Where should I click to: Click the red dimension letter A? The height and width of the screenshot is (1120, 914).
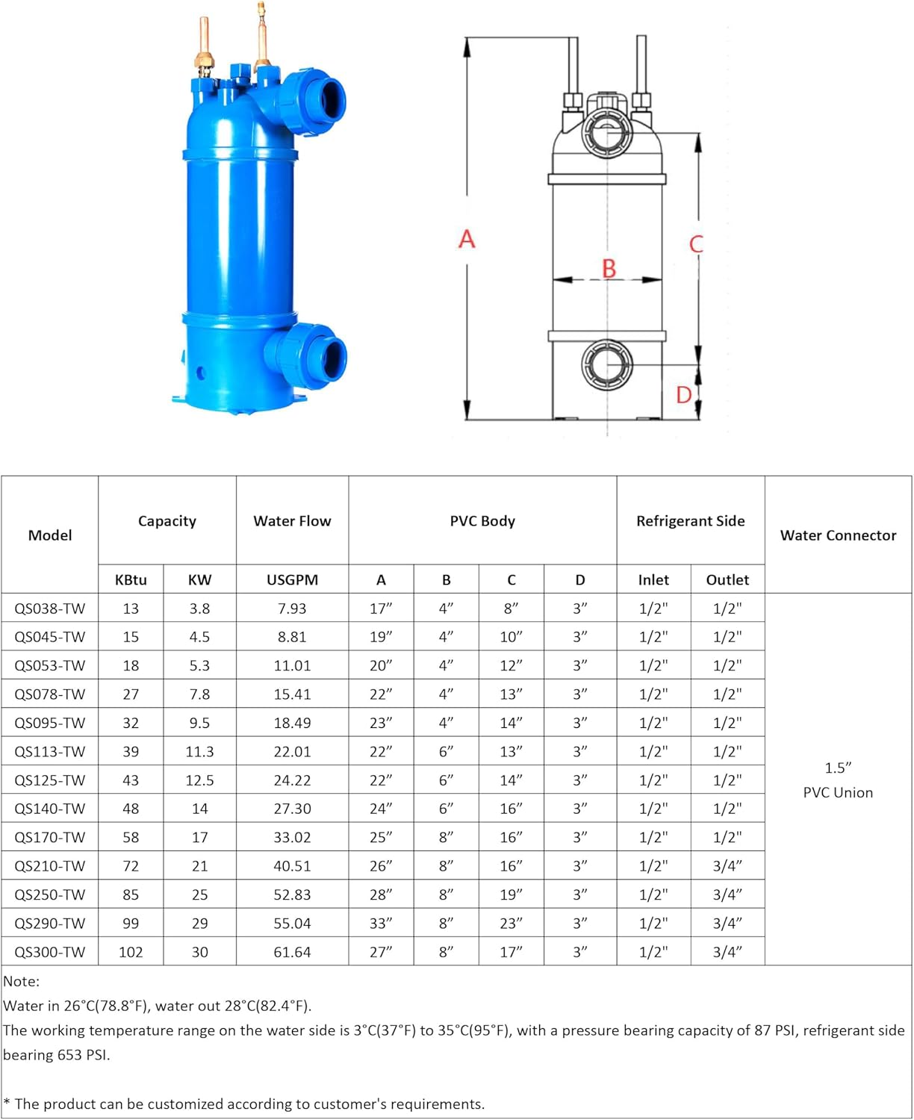(467, 239)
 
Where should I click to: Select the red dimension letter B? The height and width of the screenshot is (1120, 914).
(609, 268)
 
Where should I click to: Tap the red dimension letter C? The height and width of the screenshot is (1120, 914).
(696, 244)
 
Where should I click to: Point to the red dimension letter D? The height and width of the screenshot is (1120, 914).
(683, 394)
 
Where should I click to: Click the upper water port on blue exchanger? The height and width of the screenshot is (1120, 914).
(326, 97)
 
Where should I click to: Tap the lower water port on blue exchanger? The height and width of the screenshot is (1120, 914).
(326, 357)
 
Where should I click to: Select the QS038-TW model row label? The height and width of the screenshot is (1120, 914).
(50, 609)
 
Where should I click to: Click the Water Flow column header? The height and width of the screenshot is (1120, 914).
(292, 521)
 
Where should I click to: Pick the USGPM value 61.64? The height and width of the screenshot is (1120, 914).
(292, 952)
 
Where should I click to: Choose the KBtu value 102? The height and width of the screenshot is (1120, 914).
(131, 952)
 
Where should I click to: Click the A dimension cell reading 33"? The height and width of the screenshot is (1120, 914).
(381, 924)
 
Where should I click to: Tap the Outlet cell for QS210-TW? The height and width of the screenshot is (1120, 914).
(727, 866)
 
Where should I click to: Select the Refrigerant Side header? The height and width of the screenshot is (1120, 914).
(691, 521)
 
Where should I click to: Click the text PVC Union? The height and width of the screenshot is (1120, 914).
(838, 793)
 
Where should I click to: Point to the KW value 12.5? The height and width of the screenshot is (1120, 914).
(199, 780)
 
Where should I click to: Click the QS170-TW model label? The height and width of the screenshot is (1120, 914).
(50, 838)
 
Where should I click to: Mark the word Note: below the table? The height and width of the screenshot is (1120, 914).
(22, 981)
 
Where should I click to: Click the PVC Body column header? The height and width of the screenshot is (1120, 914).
(482, 521)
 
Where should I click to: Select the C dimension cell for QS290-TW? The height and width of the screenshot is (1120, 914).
(512, 924)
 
